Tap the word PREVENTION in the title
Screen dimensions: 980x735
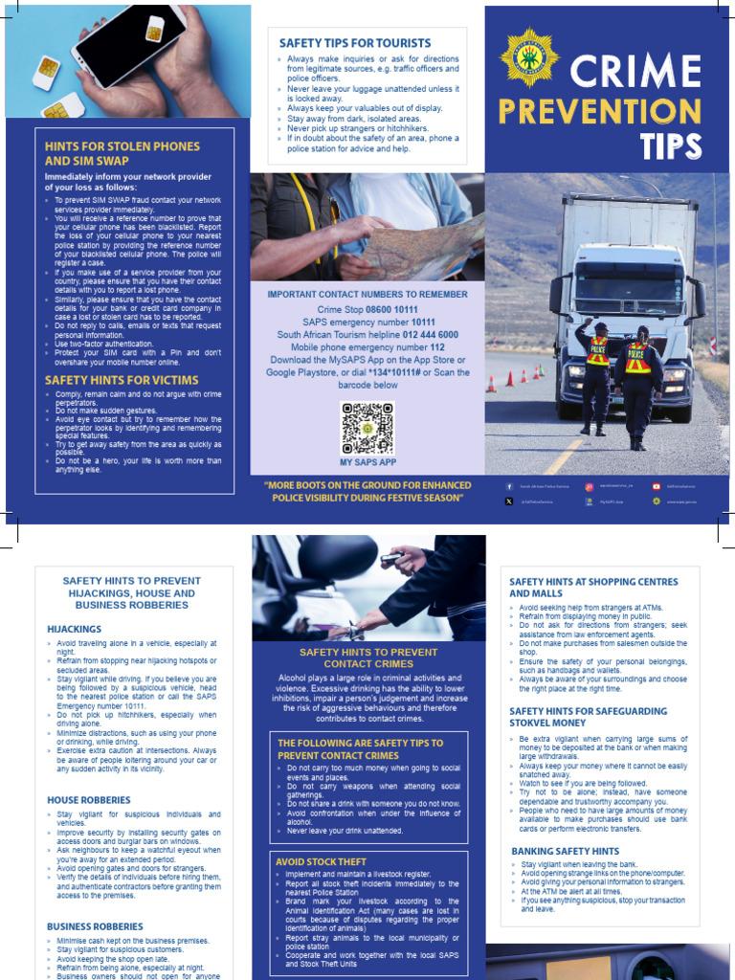pos(599,111)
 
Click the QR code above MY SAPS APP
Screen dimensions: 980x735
pos(367,428)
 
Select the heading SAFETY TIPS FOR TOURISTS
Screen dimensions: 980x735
pos(354,43)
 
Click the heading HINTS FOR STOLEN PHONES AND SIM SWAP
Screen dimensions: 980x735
pos(122,153)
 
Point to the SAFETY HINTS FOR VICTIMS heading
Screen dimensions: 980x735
pos(122,380)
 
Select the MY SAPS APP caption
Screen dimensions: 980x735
pos(367,462)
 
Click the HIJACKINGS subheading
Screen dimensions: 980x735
pos(74,629)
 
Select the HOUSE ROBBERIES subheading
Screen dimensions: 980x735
pos(89,799)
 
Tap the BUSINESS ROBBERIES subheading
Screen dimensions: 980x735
pos(95,926)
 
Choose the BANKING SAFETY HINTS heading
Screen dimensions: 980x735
pos(565,851)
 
